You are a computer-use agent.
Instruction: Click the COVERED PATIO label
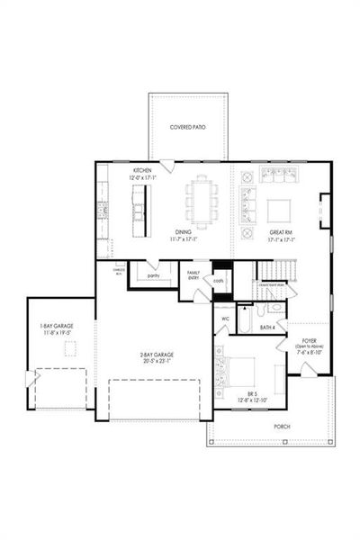[188, 128]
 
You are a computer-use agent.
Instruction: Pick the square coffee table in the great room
[280, 210]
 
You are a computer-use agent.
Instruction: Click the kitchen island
[139, 215]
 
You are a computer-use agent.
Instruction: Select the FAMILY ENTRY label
[193, 275]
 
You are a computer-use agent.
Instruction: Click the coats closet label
[219, 280]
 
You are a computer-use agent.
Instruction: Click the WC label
[224, 319]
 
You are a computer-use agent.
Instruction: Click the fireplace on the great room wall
[325, 211]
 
